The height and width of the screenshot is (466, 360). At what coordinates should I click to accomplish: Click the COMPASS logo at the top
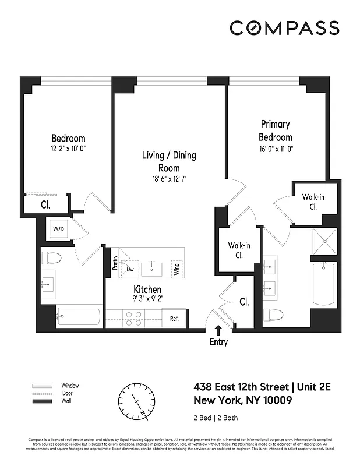tap(284, 28)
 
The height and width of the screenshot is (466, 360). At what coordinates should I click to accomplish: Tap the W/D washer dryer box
tap(59, 229)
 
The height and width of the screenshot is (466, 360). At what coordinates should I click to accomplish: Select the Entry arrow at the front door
tap(218, 331)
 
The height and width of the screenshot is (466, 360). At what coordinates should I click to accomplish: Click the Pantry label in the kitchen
tap(115, 264)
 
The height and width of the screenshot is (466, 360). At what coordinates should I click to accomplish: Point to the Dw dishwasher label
tap(130, 269)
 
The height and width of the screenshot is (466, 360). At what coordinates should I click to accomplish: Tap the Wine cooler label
tap(176, 269)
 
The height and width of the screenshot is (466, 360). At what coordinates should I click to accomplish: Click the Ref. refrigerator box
tap(174, 319)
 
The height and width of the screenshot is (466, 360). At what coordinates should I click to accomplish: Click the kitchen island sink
tap(154, 268)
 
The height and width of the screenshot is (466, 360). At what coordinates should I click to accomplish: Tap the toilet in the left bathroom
tap(52, 257)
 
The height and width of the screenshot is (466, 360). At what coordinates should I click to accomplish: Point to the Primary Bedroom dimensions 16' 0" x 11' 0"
tap(276, 149)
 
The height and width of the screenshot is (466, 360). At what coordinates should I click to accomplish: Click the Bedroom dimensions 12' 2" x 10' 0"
tap(68, 149)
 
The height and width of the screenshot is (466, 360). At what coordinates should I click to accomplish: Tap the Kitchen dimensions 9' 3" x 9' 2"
tap(147, 300)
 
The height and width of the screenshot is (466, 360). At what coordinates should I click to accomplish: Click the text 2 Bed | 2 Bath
tap(215, 418)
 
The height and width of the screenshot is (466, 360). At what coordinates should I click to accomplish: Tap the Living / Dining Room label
tap(169, 162)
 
